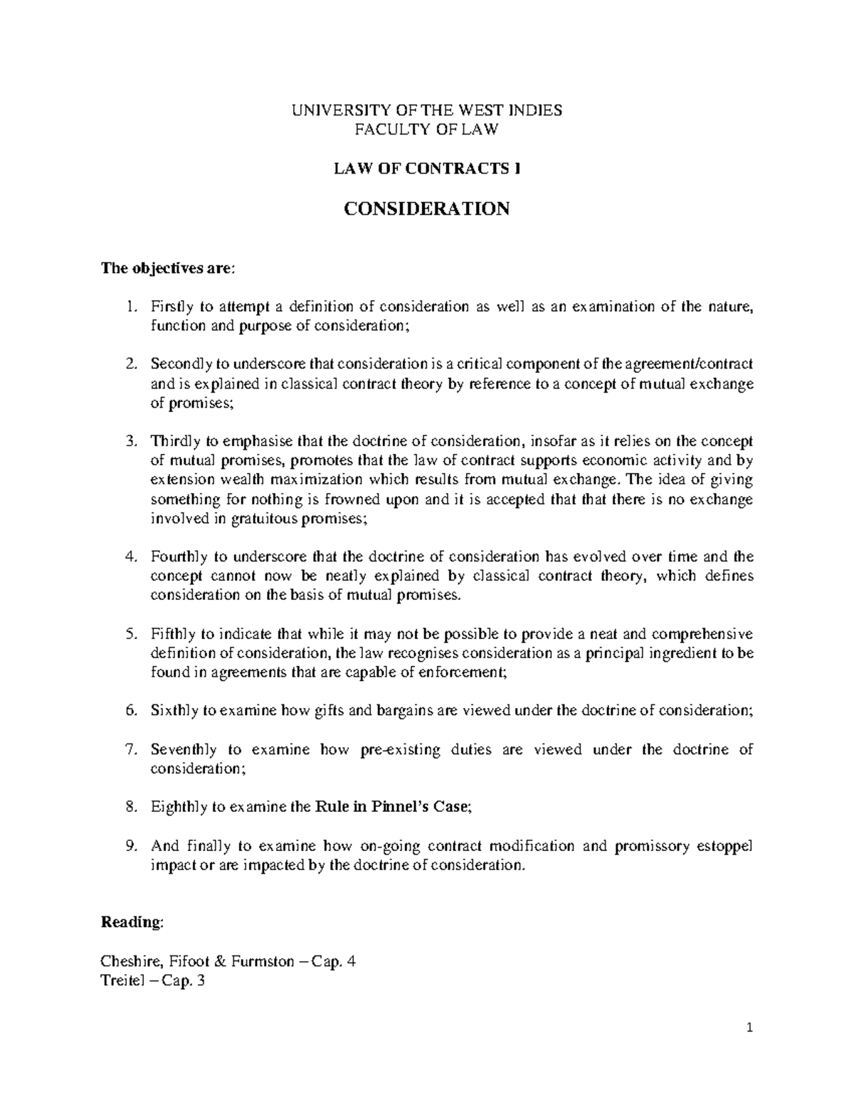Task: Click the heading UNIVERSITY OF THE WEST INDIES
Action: tap(427, 110)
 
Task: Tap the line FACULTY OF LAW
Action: tap(427, 129)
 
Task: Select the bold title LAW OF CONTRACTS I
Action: tap(427, 169)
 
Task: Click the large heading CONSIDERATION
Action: tap(427, 209)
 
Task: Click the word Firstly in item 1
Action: tap(172, 307)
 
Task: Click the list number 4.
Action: tap(130, 557)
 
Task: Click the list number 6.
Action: tap(130, 711)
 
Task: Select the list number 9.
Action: tap(130, 846)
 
